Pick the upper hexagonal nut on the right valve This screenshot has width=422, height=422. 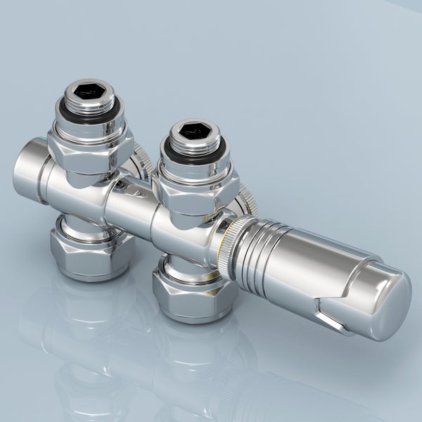pos(196,191)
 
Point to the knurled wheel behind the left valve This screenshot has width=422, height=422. pos(143,158)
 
